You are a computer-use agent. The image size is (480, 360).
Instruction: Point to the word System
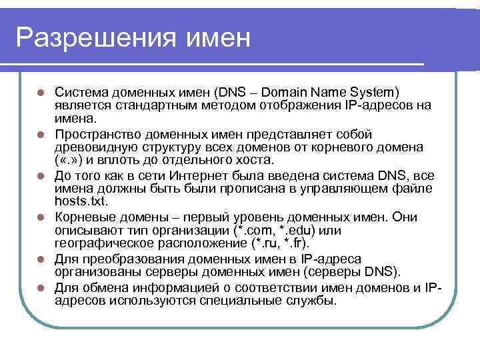[x=371, y=91]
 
